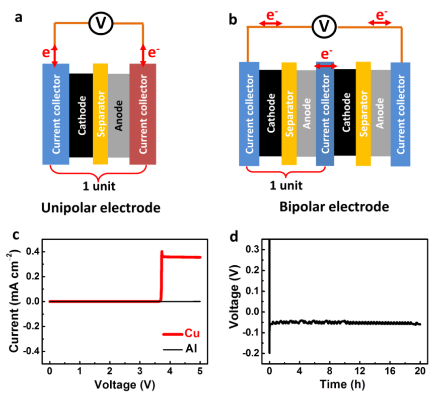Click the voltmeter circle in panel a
pyautogui.click(x=101, y=23)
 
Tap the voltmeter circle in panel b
pyautogui.click(x=324, y=27)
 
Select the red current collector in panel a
pyautogui.click(x=143, y=114)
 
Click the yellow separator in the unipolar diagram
pyautogui.click(x=100, y=114)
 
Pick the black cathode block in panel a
pyautogui.click(x=81, y=116)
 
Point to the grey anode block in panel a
pyautogui.click(x=119, y=116)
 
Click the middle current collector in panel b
pyautogui.click(x=325, y=114)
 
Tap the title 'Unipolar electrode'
pyautogui.click(x=101, y=208)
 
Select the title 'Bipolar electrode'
pyautogui.click(x=334, y=207)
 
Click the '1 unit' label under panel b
pyautogui.click(x=286, y=186)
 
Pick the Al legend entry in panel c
pyautogui.click(x=180, y=349)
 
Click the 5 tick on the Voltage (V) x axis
pyautogui.click(x=200, y=371)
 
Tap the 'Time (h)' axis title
pyautogui.click(x=342, y=384)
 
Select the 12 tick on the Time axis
pyautogui.click(x=359, y=371)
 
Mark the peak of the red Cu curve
pyautogui.click(x=162, y=251)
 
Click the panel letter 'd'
pyautogui.click(x=234, y=237)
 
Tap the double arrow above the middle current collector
pyautogui.click(x=325, y=66)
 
